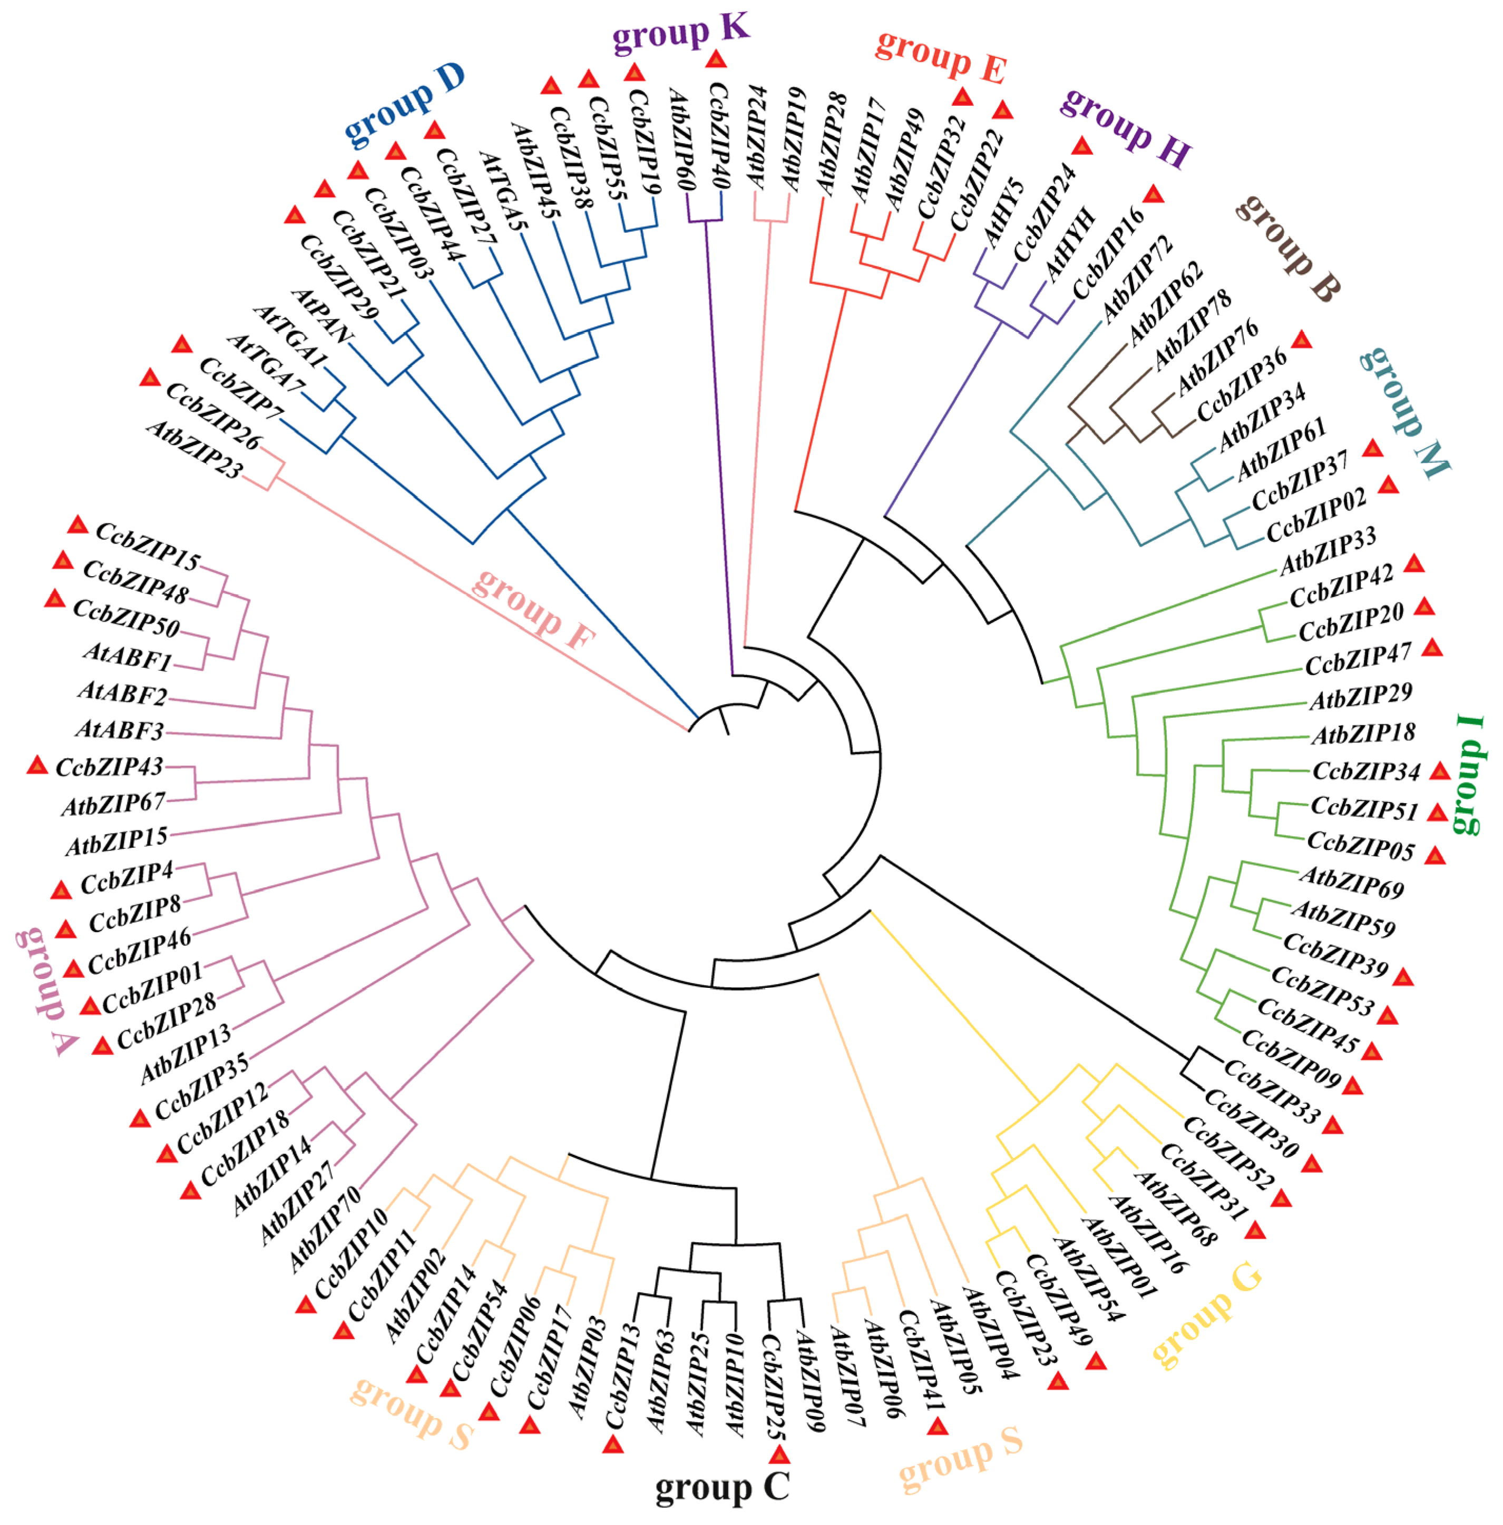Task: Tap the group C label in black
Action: tap(721, 1487)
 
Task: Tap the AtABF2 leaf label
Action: tap(122, 694)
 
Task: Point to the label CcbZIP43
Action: tap(109, 767)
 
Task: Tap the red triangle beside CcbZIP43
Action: tap(37, 765)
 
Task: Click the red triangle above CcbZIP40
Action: tap(716, 59)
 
